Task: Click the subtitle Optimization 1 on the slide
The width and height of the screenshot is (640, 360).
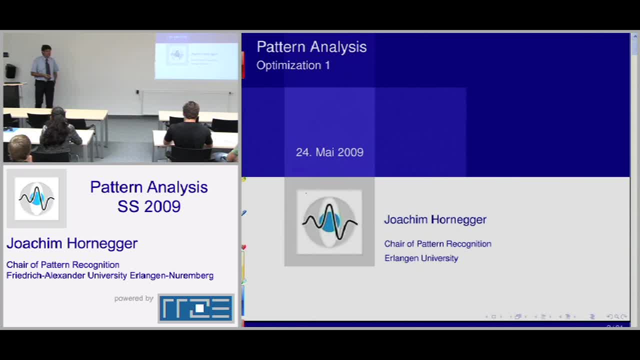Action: [293, 65]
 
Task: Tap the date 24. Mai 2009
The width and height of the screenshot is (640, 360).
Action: [329, 152]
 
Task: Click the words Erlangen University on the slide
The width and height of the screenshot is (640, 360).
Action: [421, 258]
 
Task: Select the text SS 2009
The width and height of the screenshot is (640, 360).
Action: [149, 206]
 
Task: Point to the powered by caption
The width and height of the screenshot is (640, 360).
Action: [133, 298]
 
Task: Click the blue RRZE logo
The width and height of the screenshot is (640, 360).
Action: [196, 308]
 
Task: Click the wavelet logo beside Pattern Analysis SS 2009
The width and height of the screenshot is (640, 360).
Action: [36, 198]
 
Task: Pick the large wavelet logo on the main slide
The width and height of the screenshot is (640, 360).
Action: [329, 222]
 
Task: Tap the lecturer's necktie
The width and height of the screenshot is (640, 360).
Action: [47, 66]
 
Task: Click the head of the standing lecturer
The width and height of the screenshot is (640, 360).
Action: [46, 50]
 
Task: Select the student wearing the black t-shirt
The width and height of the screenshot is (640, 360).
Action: [188, 131]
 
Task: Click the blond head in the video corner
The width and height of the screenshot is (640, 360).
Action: [19, 148]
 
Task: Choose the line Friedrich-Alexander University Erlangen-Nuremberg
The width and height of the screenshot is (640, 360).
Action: [110, 275]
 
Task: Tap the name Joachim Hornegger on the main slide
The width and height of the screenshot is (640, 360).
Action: [435, 219]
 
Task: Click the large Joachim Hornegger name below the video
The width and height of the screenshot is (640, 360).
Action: [72, 243]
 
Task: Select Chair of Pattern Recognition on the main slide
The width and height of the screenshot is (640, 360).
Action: [437, 244]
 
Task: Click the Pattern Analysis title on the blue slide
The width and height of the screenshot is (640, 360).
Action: [311, 46]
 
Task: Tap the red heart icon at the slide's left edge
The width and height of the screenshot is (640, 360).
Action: [243, 247]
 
